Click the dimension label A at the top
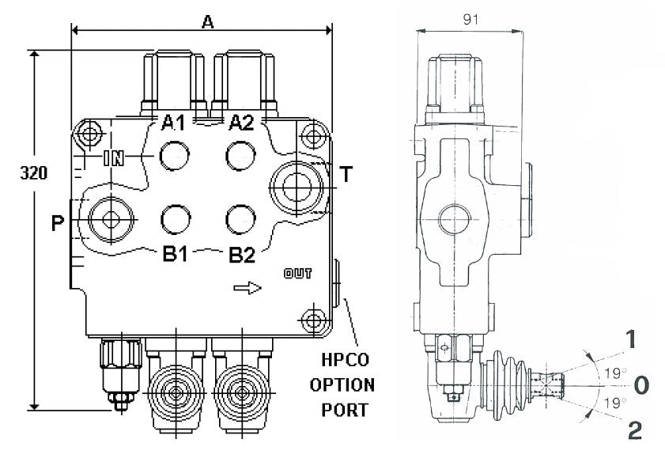[208, 21]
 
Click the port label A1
[173, 123]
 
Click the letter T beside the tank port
[346, 175]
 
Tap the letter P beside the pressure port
[57, 224]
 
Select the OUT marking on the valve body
[297, 274]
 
